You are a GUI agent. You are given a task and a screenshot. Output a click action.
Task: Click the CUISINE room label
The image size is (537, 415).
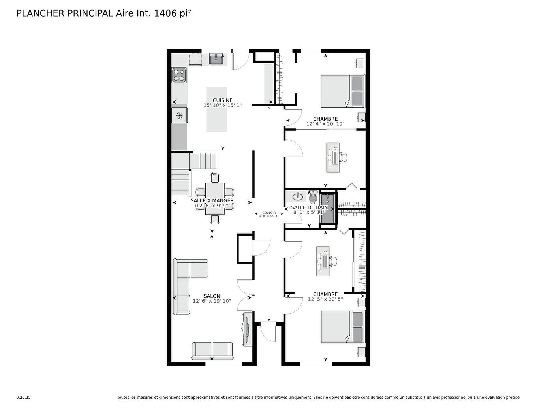tap(222, 100)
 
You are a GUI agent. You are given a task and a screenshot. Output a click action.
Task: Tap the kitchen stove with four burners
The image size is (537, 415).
tap(179, 75)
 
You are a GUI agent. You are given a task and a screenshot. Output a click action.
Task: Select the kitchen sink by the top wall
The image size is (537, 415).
tap(216, 59)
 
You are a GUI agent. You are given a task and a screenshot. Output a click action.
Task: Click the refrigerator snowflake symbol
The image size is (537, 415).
tap(179, 115)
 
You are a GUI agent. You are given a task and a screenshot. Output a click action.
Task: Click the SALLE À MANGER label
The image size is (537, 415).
tap(212, 201)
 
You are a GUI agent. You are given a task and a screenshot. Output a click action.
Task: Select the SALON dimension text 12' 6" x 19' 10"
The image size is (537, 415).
tap(212, 301)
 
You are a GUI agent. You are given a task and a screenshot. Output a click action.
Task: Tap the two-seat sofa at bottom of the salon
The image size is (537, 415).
tap(212, 350)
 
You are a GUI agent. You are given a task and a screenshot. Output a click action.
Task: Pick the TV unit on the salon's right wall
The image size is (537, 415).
tap(247, 329)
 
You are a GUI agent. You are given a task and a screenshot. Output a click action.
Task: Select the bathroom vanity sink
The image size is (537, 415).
tap(297, 196)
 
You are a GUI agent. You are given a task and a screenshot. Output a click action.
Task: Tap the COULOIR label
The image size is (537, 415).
tap(269, 213)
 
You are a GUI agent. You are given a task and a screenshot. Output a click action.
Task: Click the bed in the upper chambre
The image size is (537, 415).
tap(342, 91)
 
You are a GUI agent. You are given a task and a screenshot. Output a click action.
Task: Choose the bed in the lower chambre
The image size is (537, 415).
tap(342, 326)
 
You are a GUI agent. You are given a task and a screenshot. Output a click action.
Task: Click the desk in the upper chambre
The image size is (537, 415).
tap(332, 157)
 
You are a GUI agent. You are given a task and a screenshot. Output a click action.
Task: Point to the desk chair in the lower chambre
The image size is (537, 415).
tap(334, 261)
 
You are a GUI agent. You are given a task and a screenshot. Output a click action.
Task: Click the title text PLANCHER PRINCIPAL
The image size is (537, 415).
tap(64, 13)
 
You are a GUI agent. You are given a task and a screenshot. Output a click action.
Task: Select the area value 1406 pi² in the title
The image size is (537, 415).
tap(173, 13)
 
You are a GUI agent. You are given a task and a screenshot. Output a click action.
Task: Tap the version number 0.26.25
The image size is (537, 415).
tap(23, 398)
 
